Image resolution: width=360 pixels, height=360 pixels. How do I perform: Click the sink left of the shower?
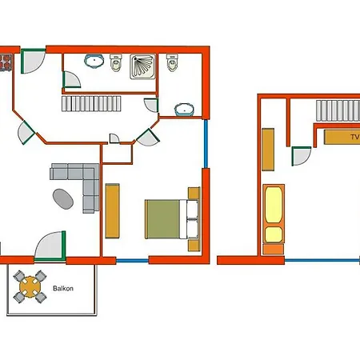pos(95,60)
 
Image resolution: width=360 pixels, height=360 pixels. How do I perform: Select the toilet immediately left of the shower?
pos(118,62)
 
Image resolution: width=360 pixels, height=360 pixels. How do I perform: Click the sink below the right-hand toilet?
pos(185,109)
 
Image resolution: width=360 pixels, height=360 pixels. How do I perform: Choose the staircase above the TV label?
pos(337,110)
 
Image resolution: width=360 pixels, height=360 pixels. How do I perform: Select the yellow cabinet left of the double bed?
pos(112,210)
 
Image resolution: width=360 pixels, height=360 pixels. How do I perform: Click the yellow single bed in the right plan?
pos(273,214)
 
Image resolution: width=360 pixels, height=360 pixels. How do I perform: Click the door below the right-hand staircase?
pos(302,157)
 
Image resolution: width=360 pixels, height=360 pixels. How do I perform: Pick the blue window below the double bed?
pos(132,261)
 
